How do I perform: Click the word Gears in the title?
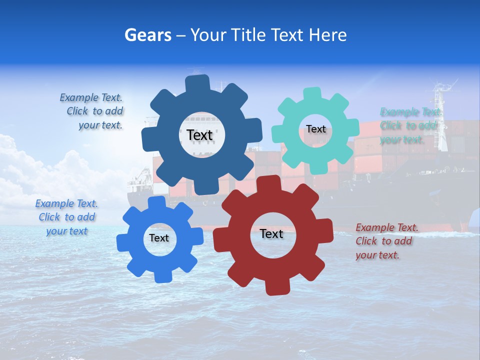point(147,35)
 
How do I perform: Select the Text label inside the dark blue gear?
point(200,135)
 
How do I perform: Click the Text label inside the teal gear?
point(316,129)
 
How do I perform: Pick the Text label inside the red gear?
point(271,233)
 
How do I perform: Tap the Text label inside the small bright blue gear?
point(159,238)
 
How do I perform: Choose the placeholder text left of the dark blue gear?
point(92,111)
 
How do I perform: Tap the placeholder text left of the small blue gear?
point(66,217)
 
